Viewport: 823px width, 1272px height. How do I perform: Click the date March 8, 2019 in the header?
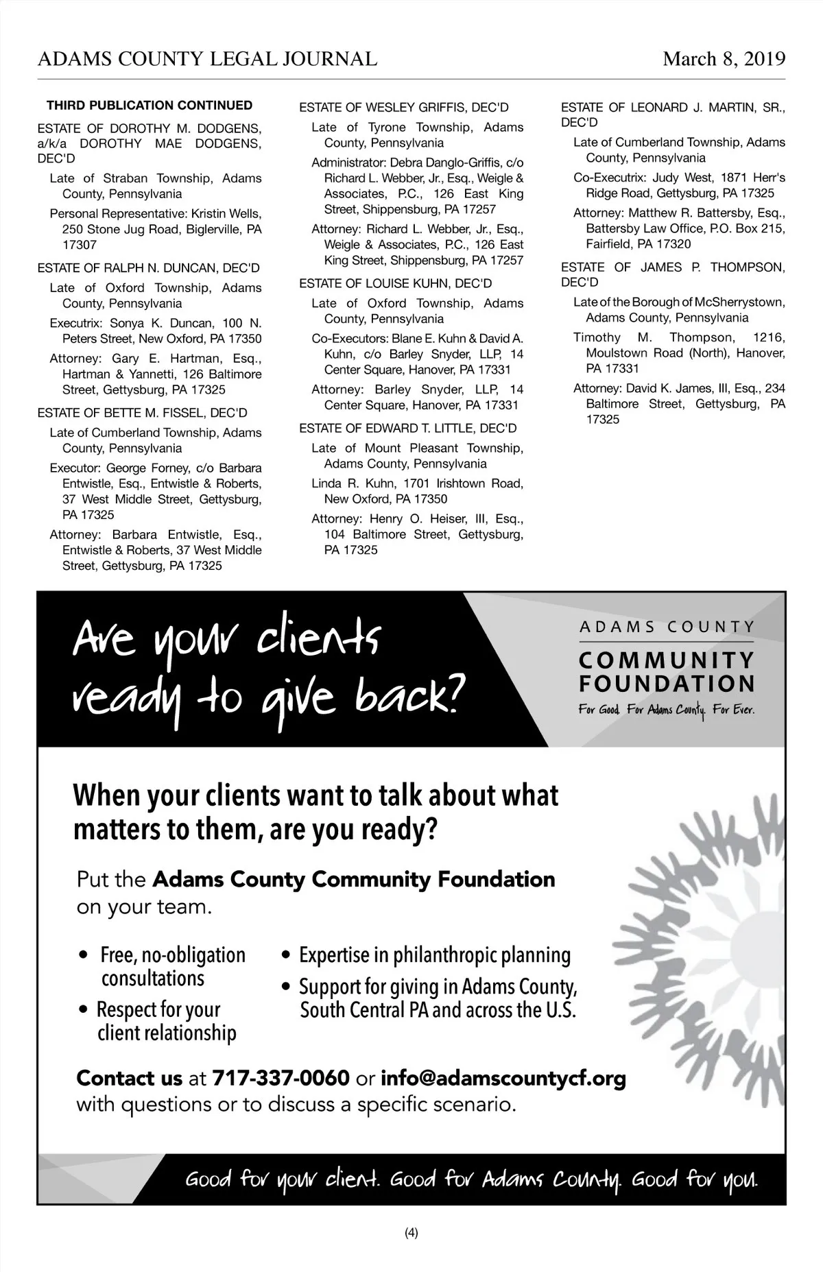pos(724,60)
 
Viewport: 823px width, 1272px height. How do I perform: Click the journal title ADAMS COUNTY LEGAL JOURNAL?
pos(207,60)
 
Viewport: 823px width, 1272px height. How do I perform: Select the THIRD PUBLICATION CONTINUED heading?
pos(150,106)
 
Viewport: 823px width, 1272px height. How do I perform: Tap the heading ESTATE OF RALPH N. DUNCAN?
pos(149,268)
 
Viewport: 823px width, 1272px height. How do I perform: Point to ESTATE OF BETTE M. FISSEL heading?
pos(143,413)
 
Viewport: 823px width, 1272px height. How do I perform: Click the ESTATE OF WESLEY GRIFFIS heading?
pos(404,108)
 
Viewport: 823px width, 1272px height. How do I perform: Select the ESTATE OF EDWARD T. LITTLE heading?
pos(408,428)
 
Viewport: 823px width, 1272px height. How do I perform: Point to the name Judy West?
pos(682,178)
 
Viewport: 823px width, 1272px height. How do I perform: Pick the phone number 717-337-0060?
pos(281,1079)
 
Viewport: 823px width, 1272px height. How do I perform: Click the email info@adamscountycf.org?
pos(503,1079)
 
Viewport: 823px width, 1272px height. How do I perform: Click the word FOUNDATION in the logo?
pos(667,684)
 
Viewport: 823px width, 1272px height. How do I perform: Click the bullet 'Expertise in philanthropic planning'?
pos(435,955)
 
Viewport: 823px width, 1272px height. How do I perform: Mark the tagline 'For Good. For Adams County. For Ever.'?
pos(666,710)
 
